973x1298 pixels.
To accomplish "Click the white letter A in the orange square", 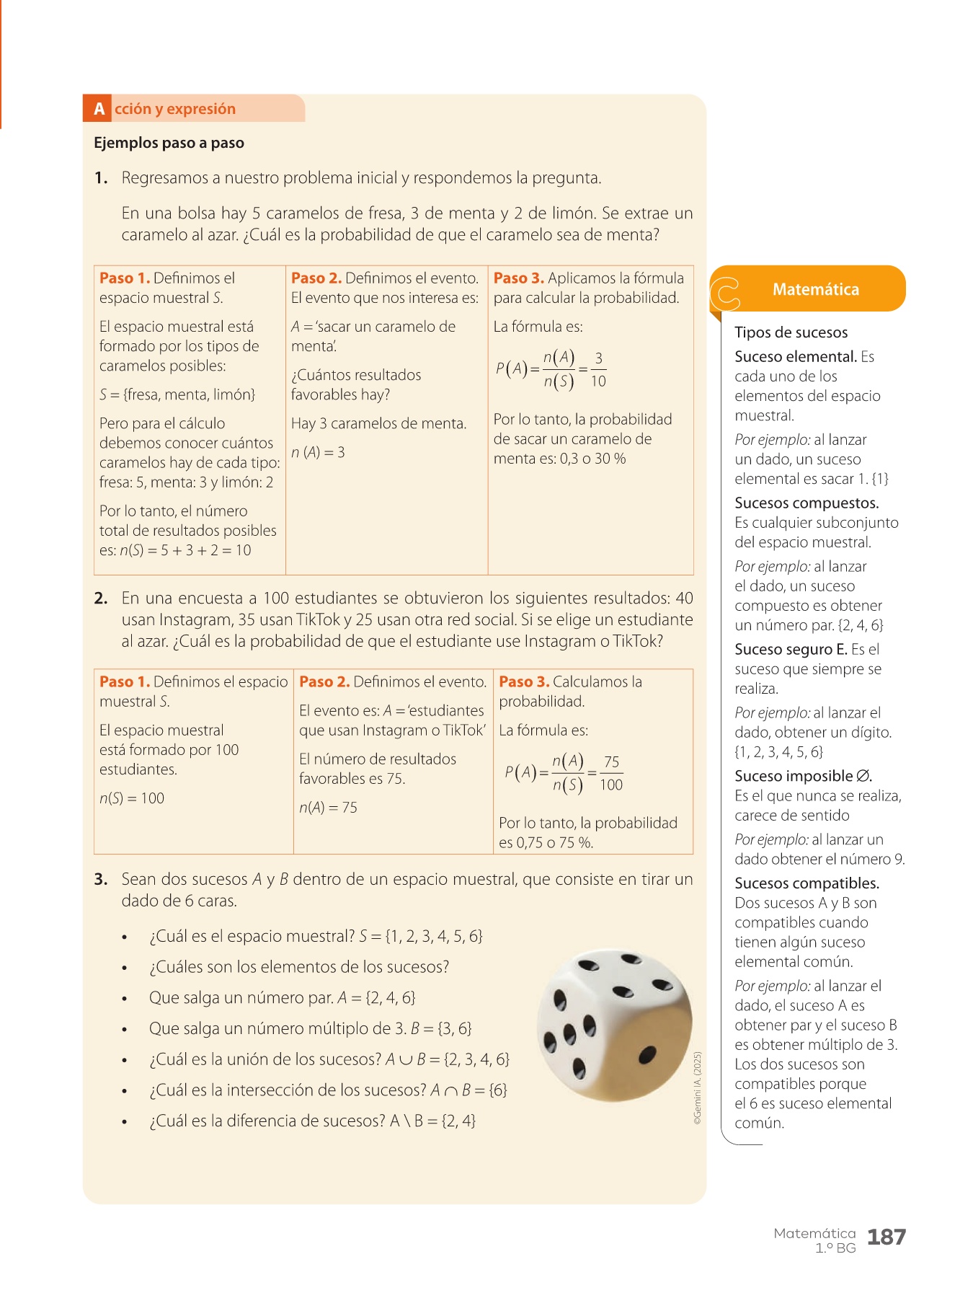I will click(x=99, y=109).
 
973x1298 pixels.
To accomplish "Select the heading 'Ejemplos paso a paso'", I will click(x=169, y=143).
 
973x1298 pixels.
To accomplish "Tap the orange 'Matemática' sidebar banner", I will click(x=815, y=289).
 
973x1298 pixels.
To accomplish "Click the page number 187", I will click(x=886, y=1237).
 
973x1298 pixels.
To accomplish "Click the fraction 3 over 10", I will click(x=598, y=370).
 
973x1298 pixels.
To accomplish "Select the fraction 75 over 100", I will click(x=611, y=774).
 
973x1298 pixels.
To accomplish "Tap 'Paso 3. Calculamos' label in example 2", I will click(x=569, y=681).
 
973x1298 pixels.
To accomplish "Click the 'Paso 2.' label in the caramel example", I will click(x=316, y=278).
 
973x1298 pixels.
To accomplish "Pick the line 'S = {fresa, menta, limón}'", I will click(x=177, y=395).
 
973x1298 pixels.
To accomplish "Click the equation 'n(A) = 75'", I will click(x=328, y=808).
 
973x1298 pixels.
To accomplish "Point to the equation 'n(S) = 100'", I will click(x=132, y=798).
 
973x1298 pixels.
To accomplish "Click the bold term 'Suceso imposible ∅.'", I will click(x=803, y=777).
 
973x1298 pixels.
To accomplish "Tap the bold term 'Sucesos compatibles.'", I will click(x=807, y=883).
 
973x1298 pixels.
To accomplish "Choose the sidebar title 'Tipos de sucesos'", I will click(x=791, y=332).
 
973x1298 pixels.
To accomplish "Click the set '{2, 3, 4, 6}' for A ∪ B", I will click(x=476, y=1059).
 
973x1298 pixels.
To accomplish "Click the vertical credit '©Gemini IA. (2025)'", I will click(x=697, y=1088).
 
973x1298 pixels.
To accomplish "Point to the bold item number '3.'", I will click(x=101, y=880).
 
